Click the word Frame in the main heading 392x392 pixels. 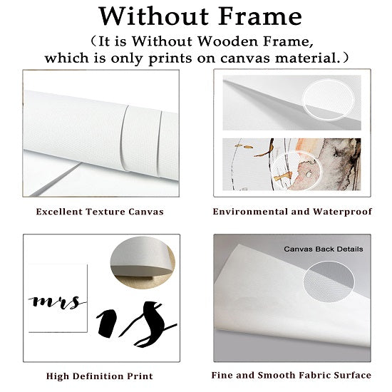tap(260, 16)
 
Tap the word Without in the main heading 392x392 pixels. tap(154, 16)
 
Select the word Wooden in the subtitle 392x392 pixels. tap(229, 41)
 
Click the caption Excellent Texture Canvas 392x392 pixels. tap(100, 212)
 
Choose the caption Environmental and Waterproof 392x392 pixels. tap(292, 212)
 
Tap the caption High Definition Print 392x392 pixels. tap(100, 376)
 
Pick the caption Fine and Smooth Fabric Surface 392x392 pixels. tap(292, 375)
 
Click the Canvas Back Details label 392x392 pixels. tap(324, 249)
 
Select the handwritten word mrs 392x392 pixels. tap(57, 301)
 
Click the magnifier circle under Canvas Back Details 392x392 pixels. tap(329, 282)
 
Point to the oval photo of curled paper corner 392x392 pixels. tap(143, 262)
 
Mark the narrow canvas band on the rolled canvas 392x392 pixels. tap(141, 140)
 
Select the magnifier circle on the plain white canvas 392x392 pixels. tap(329, 100)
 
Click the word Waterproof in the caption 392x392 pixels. tap(343, 212)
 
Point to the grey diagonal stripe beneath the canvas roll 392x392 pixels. tap(53, 180)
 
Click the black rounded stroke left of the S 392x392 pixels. tap(107, 324)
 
